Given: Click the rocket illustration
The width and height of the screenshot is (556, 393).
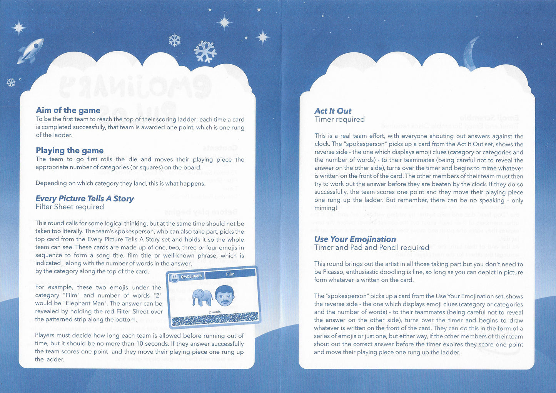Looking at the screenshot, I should click(30, 50).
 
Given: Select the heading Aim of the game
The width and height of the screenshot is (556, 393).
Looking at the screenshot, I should click(68, 110).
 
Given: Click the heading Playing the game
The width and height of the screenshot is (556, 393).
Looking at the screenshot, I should click(70, 151).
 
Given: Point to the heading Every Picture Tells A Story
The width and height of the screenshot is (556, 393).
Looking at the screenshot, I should click(85, 199).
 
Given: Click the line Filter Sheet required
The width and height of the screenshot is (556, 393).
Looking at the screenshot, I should click(70, 207).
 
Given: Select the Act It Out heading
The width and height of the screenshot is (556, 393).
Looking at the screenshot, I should click(333, 111).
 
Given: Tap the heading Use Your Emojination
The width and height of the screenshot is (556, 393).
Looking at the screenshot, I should click(355, 239).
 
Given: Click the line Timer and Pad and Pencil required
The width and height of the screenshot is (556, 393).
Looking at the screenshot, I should click(372, 248).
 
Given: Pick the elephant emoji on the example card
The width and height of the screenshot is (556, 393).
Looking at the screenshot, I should click(202, 297).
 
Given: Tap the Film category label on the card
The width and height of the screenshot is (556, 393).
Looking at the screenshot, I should click(230, 274).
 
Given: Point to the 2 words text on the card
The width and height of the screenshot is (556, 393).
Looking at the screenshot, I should click(214, 312).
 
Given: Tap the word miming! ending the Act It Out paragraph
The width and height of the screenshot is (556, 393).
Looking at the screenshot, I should click(326, 208).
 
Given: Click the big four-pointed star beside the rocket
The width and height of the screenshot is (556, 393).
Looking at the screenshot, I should click(18, 28).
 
